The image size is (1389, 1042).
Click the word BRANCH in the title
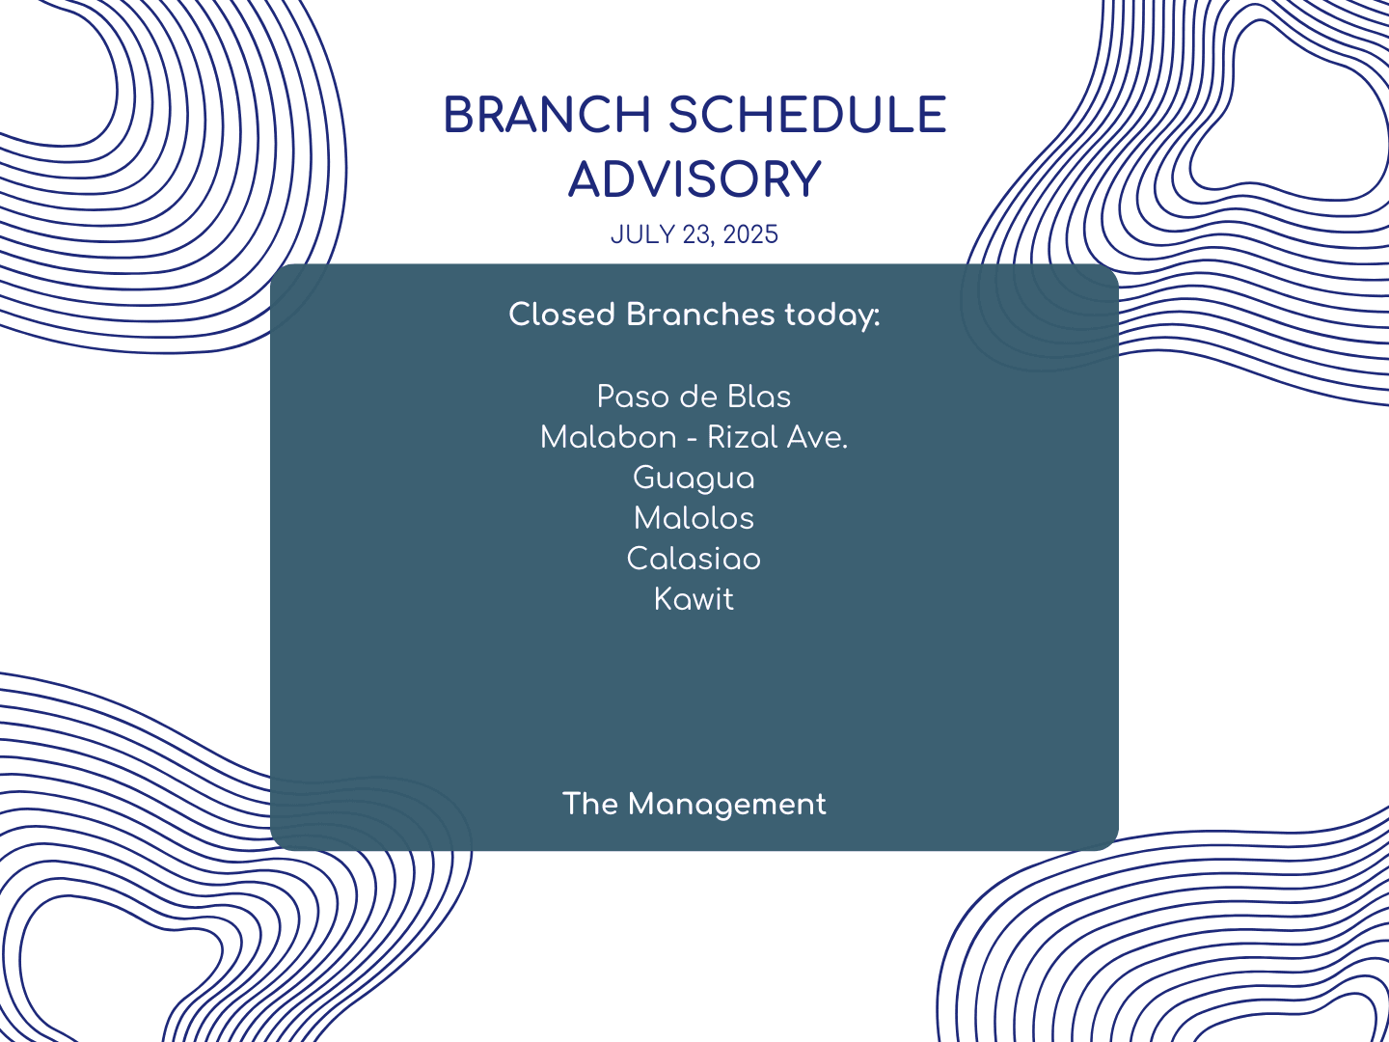click(547, 115)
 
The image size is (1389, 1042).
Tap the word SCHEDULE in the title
click(807, 115)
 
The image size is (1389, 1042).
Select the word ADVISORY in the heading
click(694, 179)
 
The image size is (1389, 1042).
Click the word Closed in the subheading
click(562, 314)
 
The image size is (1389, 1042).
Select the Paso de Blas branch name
click(694, 397)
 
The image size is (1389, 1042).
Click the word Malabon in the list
click(609, 437)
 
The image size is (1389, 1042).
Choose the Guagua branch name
click(694, 479)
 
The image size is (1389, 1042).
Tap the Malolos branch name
click(694, 518)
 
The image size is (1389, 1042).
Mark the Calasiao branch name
click(694, 559)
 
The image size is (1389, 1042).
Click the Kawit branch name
click(694, 599)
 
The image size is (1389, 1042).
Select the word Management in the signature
click(727, 805)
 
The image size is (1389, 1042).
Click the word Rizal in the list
click(742, 437)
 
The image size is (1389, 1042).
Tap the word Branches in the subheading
click(700, 314)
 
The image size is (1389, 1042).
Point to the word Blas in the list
click(759, 397)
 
